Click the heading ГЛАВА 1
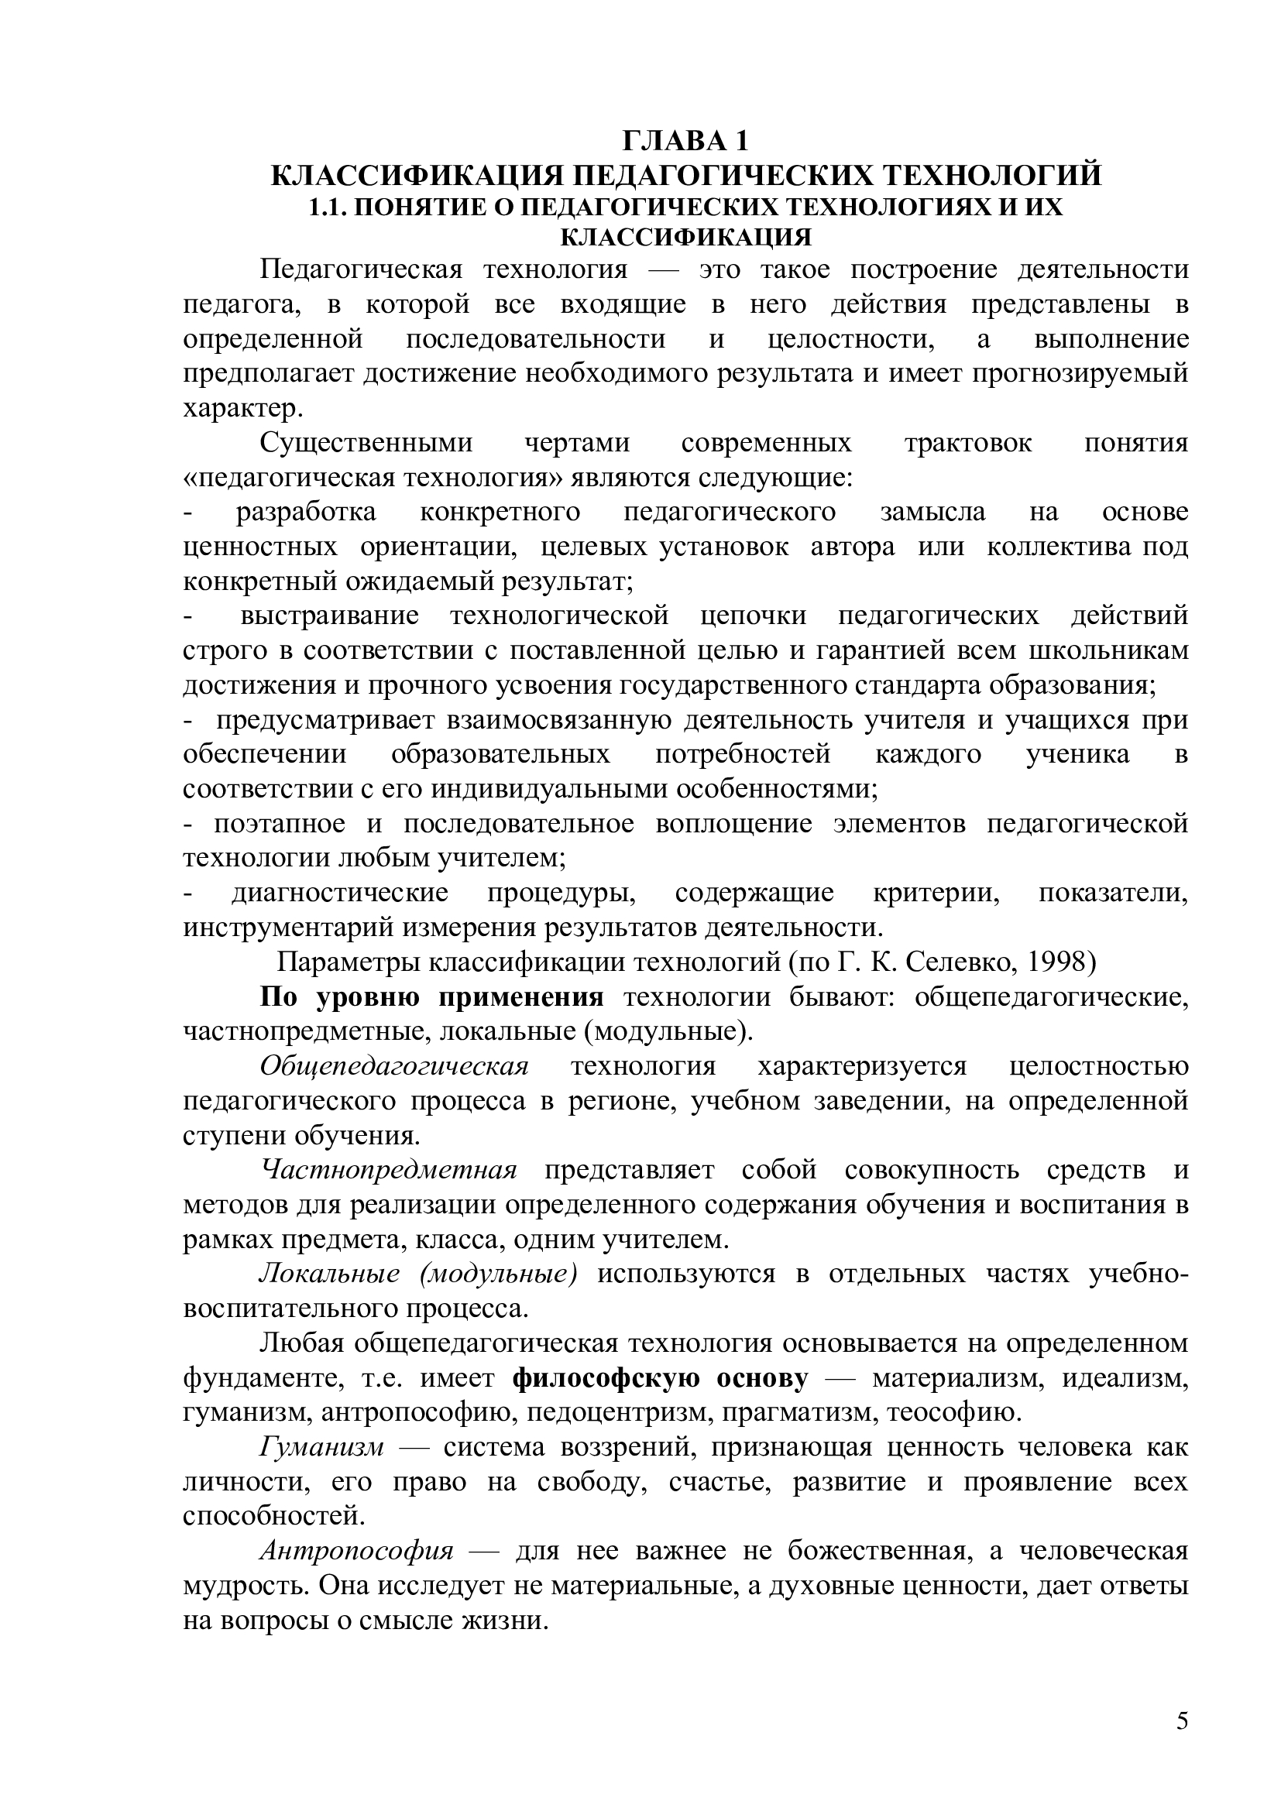(x=685, y=141)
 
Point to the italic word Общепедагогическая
(x=394, y=1066)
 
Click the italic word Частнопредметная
(x=389, y=1170)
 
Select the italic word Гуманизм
(x=322, y=1447)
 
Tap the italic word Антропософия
(x=357, y=1551)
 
